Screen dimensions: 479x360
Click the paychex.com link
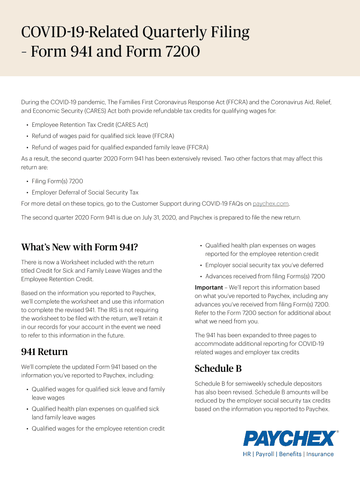tap(271, 203)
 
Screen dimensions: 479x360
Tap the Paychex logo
tap(289, 438)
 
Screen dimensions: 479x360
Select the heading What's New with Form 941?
tap(79, 247)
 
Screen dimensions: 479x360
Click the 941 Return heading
tap(44, 352)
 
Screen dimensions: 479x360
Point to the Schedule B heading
tap(218, 369)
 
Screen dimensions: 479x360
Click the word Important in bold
tap(209, 287)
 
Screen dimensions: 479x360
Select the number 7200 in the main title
tap(180, 51)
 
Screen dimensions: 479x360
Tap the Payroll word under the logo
tap(265, 454)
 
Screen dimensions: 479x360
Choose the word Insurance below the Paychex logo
tap(320, 454)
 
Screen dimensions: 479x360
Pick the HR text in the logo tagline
tap(247, 454)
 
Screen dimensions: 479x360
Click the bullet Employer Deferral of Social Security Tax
tap(85, 192)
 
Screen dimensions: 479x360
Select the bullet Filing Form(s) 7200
tap(58, 181)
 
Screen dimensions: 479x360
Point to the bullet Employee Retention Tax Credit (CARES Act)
tap(90, 125)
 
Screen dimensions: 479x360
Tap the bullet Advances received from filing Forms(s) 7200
tap(265, 276)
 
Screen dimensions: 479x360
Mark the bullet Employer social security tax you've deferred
tap(264, 265)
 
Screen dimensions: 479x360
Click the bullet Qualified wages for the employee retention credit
tap(98, 428)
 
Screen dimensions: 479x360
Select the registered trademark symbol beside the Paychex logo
tap(338, 432)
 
